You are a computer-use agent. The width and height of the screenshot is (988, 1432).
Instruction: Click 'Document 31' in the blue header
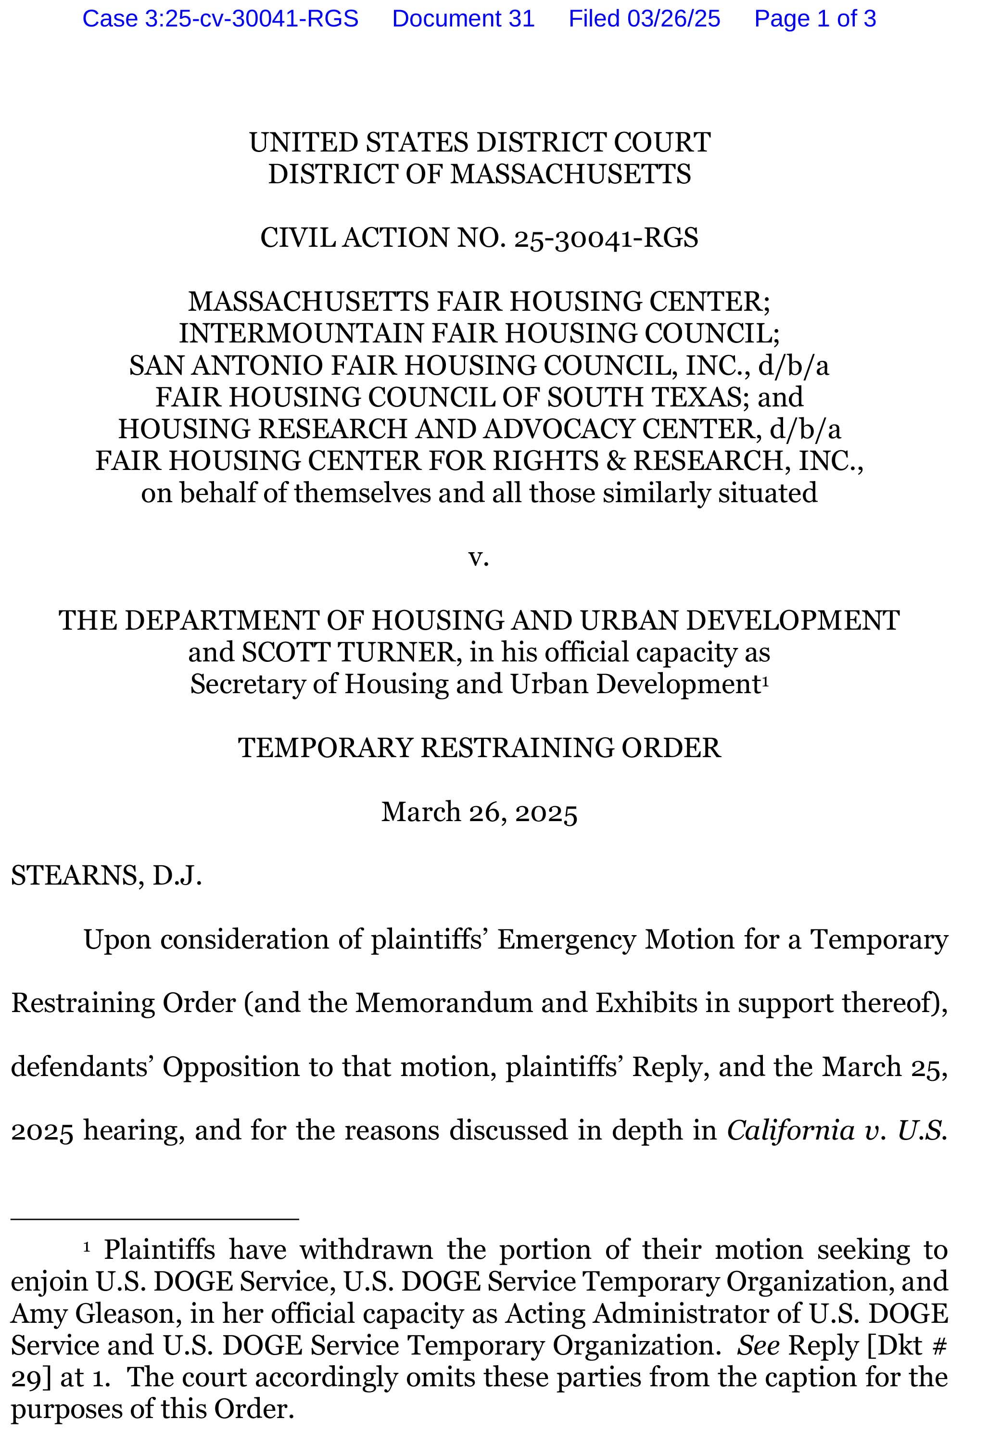[x=463, y=19]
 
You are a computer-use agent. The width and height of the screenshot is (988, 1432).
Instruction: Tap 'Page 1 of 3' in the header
[x=815, y=19]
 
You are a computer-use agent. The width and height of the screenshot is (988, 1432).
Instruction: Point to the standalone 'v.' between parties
[x=479, y=557]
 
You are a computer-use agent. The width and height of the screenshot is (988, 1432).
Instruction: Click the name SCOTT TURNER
[x=348, y=653]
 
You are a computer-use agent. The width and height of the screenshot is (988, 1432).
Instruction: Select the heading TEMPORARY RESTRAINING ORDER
[x=479, y=748]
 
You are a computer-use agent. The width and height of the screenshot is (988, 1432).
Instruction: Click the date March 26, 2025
[x=479, y=812]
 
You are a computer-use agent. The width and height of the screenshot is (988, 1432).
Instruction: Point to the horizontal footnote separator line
[x=155, y=1219]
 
